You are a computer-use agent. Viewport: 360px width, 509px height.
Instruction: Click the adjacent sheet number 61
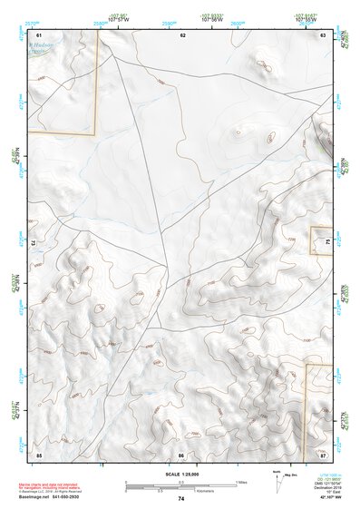tap(39, 34)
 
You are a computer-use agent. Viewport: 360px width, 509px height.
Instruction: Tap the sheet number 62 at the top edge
tap(182, 34)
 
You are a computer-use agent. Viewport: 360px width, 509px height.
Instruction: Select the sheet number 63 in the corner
tap(324, 34)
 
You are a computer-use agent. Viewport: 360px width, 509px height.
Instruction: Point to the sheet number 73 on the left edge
tap(34, 243)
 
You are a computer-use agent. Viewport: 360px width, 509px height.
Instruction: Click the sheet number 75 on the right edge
tap(327, 242)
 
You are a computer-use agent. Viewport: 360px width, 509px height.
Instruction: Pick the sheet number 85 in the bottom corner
tap(39, 454)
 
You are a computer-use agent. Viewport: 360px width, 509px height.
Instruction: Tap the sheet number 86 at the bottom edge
tap(181, 454)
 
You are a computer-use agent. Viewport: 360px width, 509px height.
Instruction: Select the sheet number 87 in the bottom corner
tap(324, 454)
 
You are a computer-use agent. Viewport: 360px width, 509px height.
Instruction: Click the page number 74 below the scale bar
tap(181, 499)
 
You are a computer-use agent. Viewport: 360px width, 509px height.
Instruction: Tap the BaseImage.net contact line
tap(62, 497)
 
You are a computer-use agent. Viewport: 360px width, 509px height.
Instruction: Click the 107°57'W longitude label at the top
tap(117, 17)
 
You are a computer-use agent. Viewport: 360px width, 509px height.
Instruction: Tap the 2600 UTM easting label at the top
tap(237, 22)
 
